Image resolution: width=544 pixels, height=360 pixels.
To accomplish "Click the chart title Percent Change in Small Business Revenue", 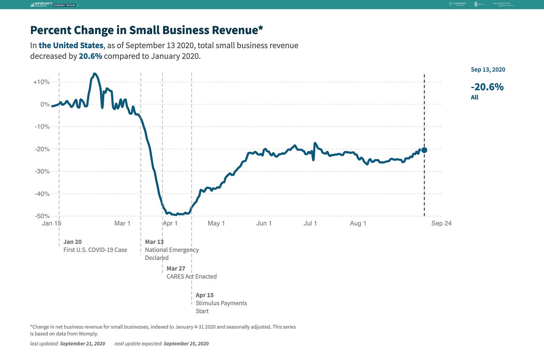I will tap(146, 30).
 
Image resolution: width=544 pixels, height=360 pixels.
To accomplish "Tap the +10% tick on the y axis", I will tap(41, 82).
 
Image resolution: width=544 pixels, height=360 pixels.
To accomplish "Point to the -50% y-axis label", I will tap(42, 216).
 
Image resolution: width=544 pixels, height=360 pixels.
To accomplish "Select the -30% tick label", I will tap(42, 171).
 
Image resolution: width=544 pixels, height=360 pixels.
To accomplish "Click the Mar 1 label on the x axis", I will tap(122, 223).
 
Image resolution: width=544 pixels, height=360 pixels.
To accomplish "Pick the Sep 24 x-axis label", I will tap(441, 223).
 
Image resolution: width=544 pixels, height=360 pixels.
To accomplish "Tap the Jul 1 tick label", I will tap(310, 223).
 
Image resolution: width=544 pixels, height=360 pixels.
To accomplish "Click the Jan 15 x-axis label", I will tap(52, 223).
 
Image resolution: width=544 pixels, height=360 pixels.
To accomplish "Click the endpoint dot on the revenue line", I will tap(424, 150).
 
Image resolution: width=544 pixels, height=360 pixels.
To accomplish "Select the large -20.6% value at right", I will tap(487, 87).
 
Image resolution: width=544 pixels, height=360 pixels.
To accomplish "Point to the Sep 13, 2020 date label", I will tap(488, 70).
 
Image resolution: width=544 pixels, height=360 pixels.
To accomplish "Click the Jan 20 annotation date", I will tap(72, 242).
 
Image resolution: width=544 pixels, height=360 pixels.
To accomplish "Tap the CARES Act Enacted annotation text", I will tap(192, 277).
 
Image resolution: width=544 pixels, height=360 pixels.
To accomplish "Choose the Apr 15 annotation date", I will tap(205, 295).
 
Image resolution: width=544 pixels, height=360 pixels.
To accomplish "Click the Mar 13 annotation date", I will tap(154, 242).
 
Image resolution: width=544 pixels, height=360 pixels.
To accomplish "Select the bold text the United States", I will tap(71, 46).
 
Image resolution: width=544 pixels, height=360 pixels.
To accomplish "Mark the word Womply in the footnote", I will tap(89, 334).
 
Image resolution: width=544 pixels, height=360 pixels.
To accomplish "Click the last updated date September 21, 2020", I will tap(83, 344).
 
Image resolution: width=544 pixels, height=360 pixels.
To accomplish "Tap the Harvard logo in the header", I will tap(457, 4).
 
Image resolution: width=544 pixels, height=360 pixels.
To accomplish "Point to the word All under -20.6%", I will tap(475, 97).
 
